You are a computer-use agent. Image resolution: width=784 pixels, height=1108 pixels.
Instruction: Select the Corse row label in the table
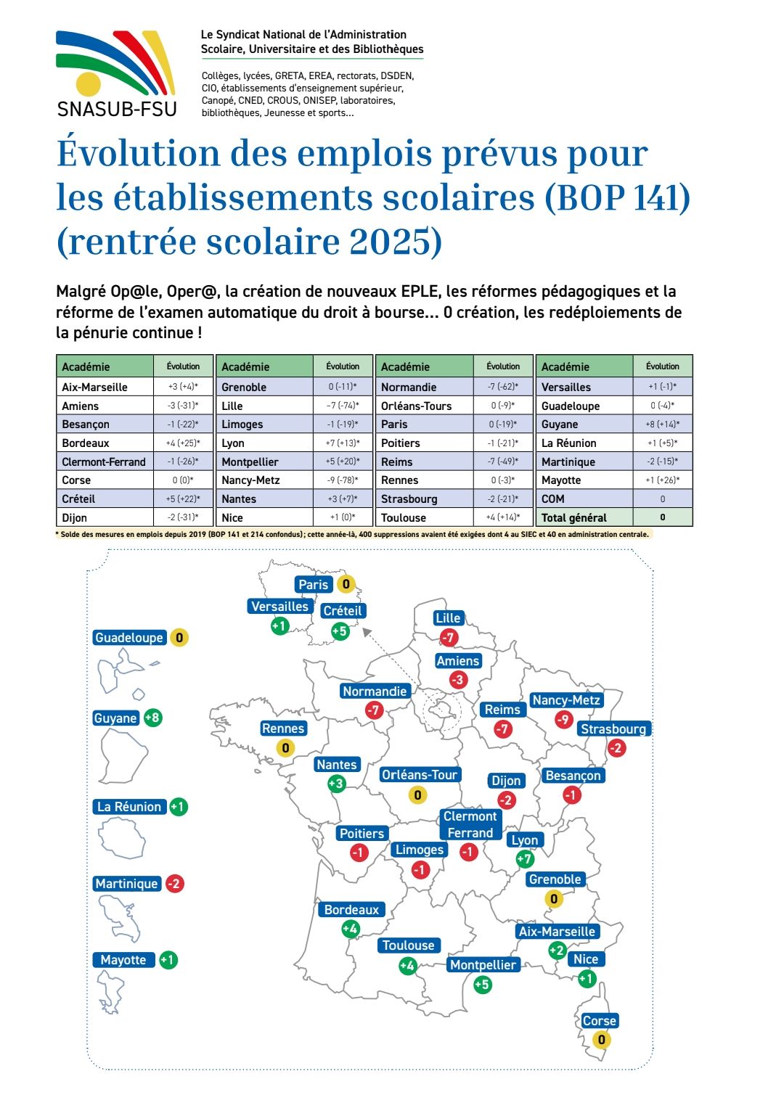[76, 480]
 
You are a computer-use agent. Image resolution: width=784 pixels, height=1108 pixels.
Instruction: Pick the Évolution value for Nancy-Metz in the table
[343, 480]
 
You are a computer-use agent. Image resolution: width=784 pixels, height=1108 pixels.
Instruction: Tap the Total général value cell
[662, 517]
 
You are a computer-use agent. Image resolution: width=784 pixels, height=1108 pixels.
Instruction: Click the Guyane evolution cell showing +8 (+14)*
[662, 424]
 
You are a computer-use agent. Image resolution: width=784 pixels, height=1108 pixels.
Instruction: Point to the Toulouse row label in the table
[404, 517]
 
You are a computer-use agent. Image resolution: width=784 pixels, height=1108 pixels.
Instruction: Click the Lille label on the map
[448, 618]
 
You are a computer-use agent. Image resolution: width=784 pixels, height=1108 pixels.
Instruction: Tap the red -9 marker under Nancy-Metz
[564, 719]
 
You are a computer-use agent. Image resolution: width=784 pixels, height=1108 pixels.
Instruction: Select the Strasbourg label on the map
[613, 729]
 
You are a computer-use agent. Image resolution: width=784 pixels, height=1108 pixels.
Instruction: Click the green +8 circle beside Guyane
[152, 718]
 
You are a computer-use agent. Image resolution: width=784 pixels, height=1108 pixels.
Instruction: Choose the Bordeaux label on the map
[351, 910]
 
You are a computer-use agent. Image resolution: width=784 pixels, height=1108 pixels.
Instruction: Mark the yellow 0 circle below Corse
[601, 1040]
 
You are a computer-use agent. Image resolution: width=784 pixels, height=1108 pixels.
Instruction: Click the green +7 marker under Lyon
[524, 859]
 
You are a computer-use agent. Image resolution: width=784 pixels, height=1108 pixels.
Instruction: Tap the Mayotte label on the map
[123, 960]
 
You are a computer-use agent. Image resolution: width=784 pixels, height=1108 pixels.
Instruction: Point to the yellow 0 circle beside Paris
[346, 584]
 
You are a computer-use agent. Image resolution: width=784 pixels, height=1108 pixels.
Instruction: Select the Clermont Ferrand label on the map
[470, 825]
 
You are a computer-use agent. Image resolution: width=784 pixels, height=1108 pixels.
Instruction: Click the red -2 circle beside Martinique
[175, 884]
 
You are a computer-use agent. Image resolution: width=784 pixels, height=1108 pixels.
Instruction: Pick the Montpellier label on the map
[483, 965]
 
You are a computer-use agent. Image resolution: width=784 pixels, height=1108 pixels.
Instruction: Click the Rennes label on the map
[283, 729]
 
